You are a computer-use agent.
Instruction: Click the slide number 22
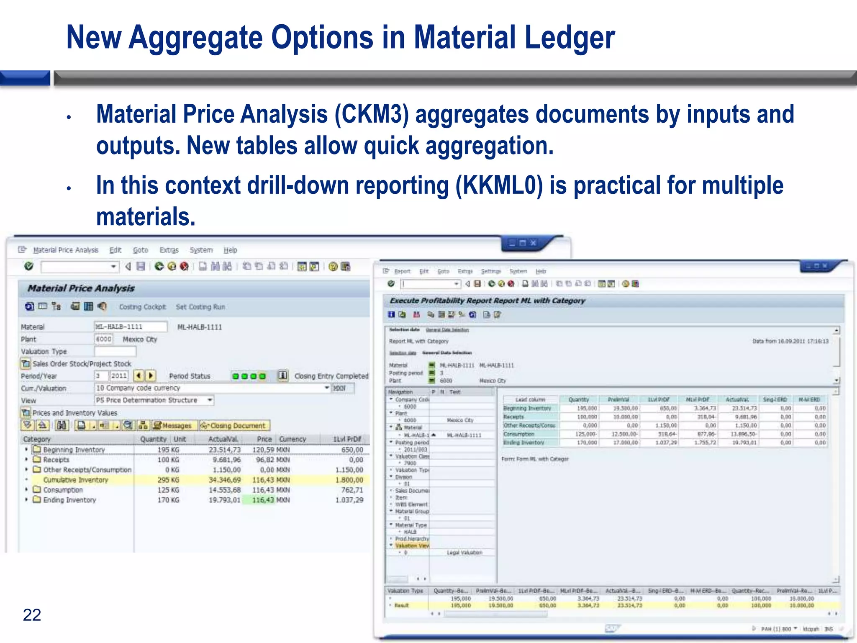point(32,615)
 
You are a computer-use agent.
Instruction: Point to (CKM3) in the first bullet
point(371,114)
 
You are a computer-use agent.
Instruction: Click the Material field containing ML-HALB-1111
point(130,327)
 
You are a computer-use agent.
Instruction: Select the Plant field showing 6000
point(103,339)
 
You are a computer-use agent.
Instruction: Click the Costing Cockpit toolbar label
point(142,307)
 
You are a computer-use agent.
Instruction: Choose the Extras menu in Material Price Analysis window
point(169,250)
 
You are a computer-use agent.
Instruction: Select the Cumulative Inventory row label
point(76,480)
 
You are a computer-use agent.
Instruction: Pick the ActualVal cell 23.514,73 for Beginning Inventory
point(225,450)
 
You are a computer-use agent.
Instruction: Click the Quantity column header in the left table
point(153,439)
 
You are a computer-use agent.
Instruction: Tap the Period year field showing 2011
point(119,376)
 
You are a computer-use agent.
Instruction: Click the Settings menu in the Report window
point(490,271)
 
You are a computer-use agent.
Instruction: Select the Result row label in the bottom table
point(401,605)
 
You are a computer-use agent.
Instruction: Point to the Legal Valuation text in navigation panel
point(464,553)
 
